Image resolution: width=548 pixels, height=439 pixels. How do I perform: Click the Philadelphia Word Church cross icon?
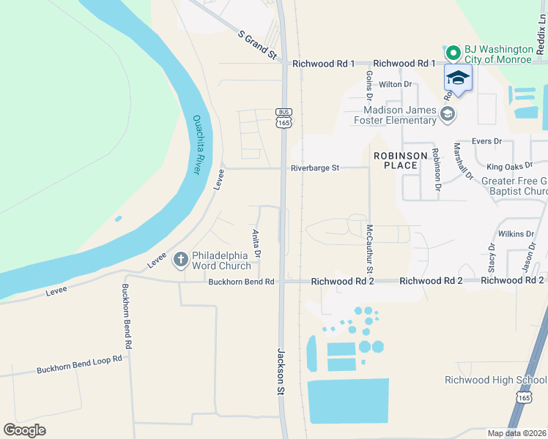[x=180, y=259]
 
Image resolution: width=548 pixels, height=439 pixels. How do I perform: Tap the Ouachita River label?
[x=196, y=144]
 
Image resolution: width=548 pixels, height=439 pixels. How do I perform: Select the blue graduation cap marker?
[x=458, y=78]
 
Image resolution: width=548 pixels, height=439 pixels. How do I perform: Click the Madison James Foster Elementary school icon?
[x=448, y=113]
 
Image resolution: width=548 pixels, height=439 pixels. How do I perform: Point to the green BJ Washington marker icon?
[x=453, y=53]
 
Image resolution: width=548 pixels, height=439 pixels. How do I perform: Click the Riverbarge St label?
[x=314, y=168]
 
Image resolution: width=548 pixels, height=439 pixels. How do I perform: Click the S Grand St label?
[x=257, y=45]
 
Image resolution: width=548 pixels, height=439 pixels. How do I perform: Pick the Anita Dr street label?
[x=256, y=242]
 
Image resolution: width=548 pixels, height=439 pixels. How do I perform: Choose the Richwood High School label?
[x=495, y=380]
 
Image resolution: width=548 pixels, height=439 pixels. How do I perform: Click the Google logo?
[x=24, y=430]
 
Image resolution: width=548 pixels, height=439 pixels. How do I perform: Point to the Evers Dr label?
[x=487, y=140]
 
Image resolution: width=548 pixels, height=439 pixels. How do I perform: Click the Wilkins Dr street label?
[x=516, y=234]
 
